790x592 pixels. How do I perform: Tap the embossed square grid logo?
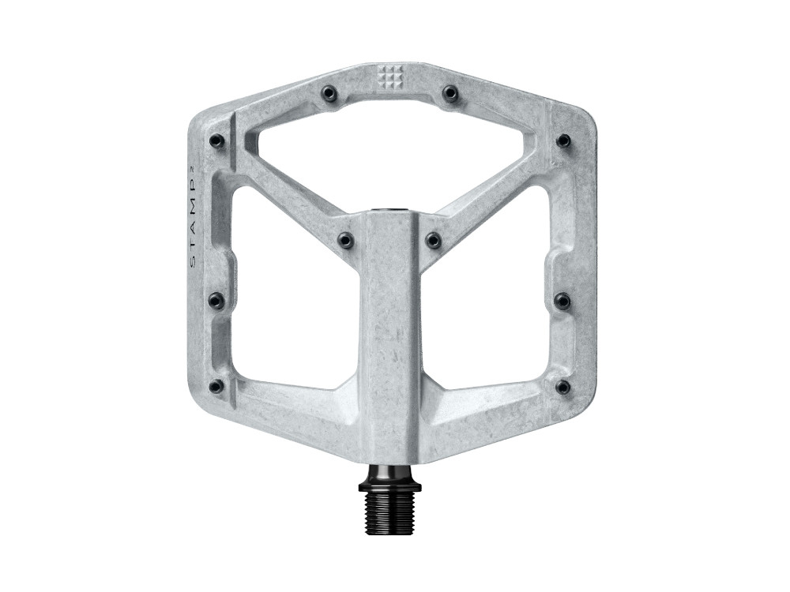(389, 77)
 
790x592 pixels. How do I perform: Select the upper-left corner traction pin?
(216, 141)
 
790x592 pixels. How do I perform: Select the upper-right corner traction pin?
(563, 141)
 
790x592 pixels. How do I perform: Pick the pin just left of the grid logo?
(329, 94)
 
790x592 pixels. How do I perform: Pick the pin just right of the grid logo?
(450, 93)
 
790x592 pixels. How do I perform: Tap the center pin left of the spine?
(345, 238)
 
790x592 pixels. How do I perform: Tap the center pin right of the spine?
(433, 238)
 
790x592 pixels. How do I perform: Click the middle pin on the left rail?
(216, 301)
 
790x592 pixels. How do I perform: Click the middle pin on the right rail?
(562, 301)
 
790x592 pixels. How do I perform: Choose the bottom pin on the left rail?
(216, 386)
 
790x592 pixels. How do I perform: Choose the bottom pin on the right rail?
(562, 387)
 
